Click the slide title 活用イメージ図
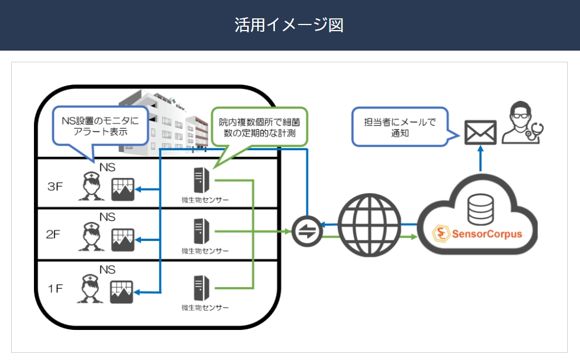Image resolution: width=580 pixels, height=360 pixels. [289, 25]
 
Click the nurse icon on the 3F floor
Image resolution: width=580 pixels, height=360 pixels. [89, 186]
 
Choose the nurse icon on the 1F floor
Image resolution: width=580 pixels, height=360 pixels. [90, 289]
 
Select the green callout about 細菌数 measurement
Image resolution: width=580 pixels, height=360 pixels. [259, 127]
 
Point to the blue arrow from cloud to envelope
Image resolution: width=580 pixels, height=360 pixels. [480, 160]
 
